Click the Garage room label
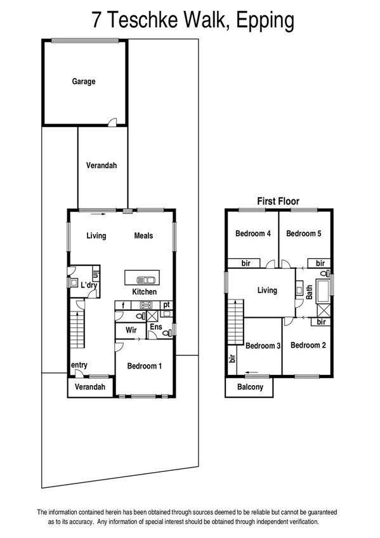(x=83, y=81)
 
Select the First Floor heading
(x=278, y=201)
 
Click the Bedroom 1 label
(x=144, y=366)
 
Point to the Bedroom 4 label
(x=253, y=233)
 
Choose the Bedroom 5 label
(x=303, y=233)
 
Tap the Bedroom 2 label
(x=308, y=345)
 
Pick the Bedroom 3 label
(x=263, y=346)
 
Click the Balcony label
(x=250, y=386)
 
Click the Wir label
(x=131, y=330)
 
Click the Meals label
(x=143, y=236)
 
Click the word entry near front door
(x=79, y=365)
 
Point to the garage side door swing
(x=112, y=121)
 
